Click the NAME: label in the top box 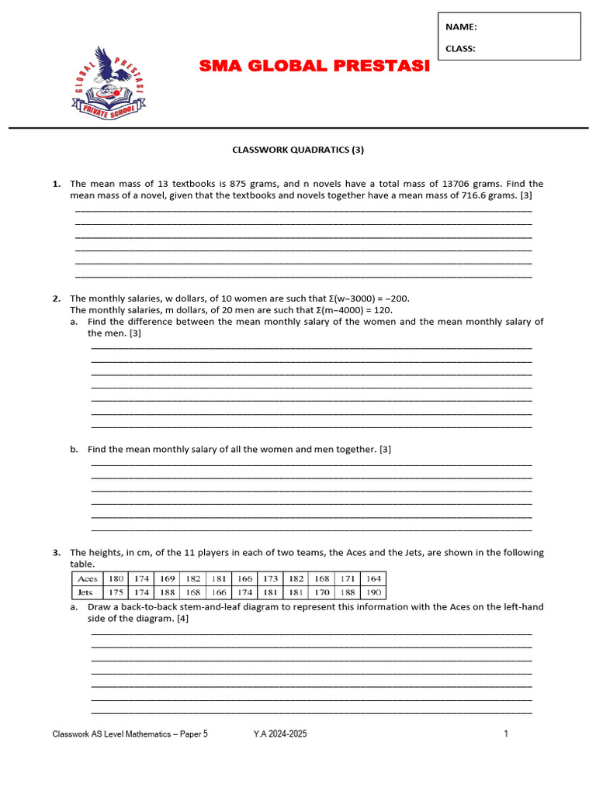pos(461,27)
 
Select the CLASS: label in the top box pos(461,48)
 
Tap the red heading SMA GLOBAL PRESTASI pos(314,66)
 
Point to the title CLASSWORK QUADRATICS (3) pos(298,149)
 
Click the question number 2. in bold pos(57,299)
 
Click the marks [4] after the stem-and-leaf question pos(182,619)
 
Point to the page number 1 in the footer pos(506,734)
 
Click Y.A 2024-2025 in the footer pos(280,734)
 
